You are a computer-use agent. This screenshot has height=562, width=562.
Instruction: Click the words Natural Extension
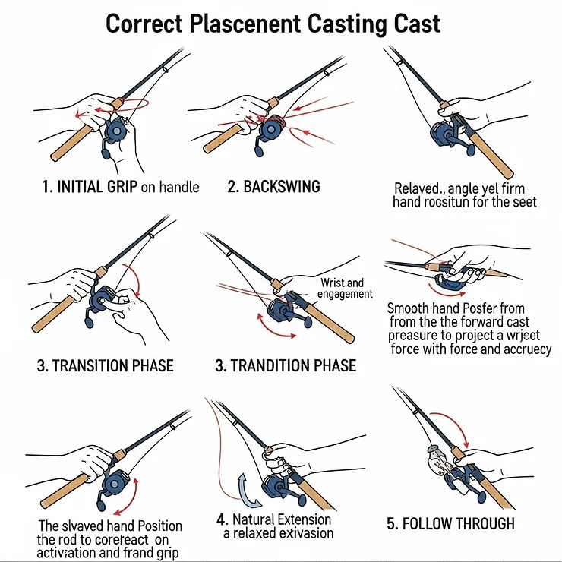282,519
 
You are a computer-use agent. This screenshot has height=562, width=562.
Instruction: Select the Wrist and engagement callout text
346,289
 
